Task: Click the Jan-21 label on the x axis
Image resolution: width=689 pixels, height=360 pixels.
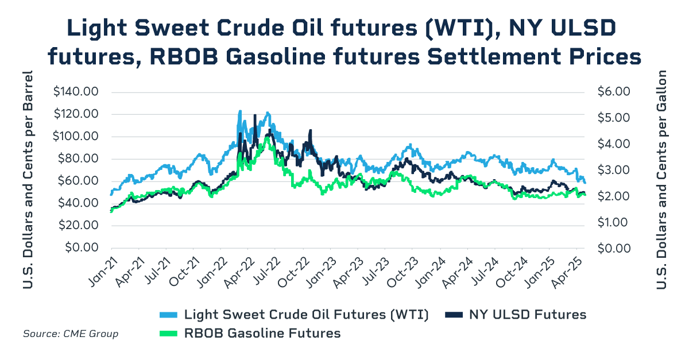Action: tap(99, 269)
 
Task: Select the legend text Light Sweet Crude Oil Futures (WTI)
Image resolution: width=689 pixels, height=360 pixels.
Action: tap(306, 315)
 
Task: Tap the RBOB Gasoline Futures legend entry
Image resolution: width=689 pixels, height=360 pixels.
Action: tap(262, 333)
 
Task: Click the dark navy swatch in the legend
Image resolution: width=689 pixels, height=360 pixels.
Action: tap(454, 315)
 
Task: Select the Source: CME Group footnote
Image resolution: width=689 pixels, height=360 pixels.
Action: tap(71, 334)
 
